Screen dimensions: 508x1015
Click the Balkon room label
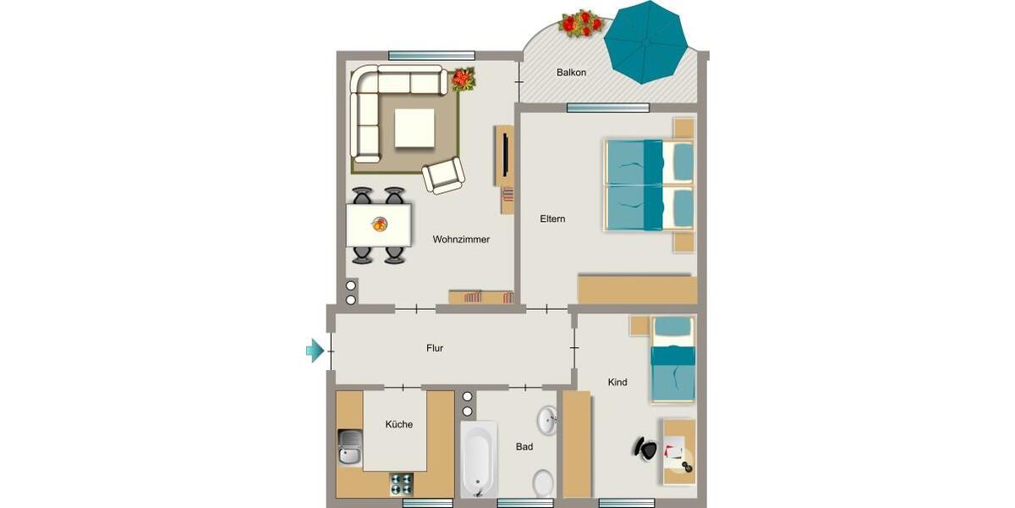[x=571, y=73]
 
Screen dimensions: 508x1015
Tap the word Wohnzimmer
[x=461, y=240]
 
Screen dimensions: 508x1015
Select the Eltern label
[x=552, y=219]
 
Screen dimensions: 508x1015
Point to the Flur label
[x=434, y=348]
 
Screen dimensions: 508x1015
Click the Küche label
[x=398, y=424]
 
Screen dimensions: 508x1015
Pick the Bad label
[x=524, y=447]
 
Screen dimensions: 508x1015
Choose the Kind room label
[x=617, y=383]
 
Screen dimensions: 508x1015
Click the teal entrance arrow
[x=315, y=349]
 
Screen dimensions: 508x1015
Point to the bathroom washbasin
[x=546, y=419]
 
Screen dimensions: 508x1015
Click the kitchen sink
[x=348, y=446]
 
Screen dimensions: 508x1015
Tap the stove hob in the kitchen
[x=401, y=483]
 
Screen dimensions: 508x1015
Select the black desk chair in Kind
[x=645, y=448]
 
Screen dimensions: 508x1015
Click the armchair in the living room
[x=443, y=176]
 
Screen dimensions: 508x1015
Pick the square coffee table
[x=414, y=128]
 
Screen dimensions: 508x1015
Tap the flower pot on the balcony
[x=580, y=23]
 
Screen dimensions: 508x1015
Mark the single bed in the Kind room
[x=672, y=360]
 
